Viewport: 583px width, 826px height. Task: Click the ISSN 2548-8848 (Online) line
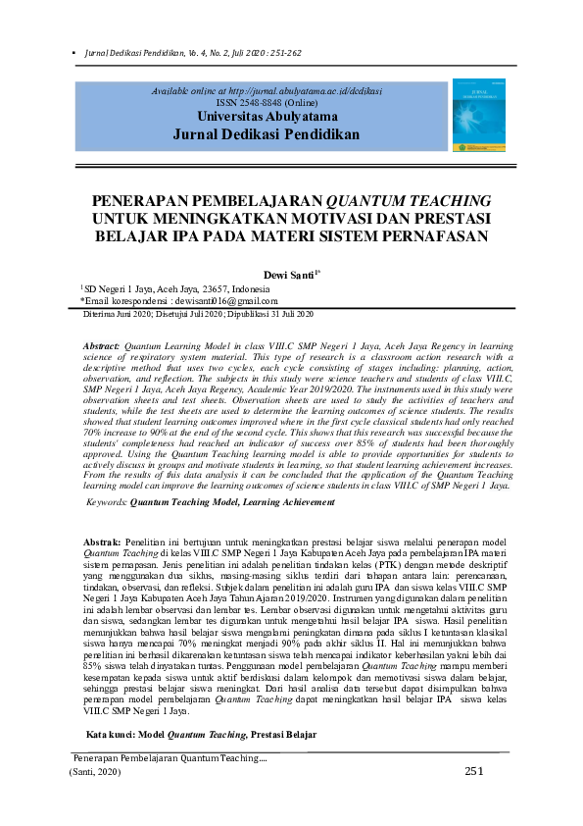point(267,101)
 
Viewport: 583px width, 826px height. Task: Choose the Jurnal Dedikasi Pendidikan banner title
point(267,133)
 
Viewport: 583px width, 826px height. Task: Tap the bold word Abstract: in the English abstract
point(101,347)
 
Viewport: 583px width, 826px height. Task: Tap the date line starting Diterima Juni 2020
point(197,314)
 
